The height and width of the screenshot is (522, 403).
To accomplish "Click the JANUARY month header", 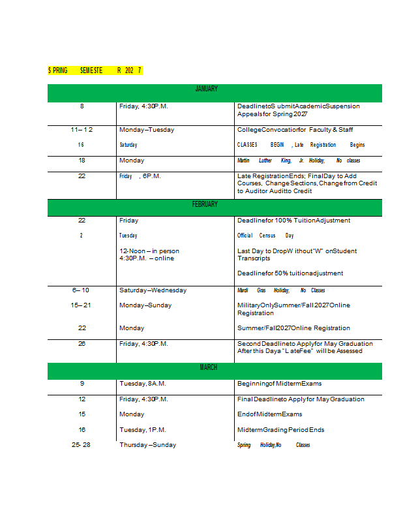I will [x=206, y=89].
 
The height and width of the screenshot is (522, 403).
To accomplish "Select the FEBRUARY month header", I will [x=205, y=204].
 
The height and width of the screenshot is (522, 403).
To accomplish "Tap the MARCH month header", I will [x=208, y=367].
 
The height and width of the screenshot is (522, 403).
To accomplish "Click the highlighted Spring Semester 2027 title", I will [x=95, y=70].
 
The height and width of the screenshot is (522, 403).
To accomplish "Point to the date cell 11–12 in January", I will [x=82, y=130].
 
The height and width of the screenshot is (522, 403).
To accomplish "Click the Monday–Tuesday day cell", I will [x=147, y=130].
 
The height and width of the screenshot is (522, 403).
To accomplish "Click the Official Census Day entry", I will [x=265, y=236].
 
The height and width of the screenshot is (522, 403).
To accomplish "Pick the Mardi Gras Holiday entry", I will [x=281, y=290].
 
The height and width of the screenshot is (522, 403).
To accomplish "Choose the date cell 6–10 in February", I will [x=82, y=290].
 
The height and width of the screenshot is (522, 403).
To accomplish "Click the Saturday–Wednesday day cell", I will [x=153, y=290].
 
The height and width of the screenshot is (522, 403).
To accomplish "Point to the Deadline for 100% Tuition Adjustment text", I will [x=293, y=221].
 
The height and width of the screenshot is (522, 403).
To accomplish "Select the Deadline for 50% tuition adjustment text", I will [x=290, y=273].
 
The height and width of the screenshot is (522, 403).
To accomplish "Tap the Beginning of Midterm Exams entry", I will [x=279, y=384].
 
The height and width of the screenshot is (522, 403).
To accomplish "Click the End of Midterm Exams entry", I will [x=270, y=414].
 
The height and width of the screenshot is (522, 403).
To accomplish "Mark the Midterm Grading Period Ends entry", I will [x=280, y=430].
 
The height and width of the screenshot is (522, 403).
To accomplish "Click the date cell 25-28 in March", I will [x=82, y=445].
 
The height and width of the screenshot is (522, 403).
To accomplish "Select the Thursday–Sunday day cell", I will [x=147, y=445].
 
